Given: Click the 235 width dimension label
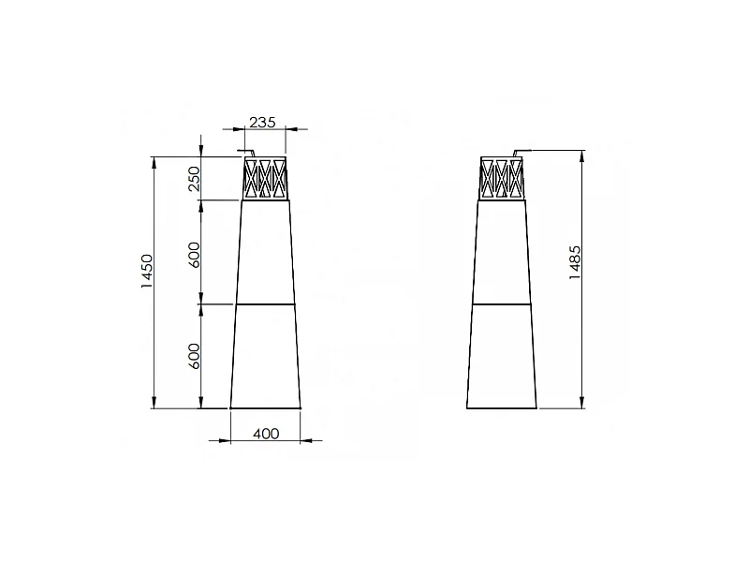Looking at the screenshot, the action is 263,123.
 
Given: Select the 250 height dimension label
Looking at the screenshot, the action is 194,179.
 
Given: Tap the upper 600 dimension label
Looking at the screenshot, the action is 194,255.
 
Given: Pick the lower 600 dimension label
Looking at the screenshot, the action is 194,356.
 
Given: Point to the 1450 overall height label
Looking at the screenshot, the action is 147,271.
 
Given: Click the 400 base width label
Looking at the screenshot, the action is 266,434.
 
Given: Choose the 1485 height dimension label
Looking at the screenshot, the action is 575,263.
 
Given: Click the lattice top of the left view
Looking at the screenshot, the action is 265,178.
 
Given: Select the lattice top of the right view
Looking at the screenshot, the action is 502,178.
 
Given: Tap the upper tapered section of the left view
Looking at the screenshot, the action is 265,252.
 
